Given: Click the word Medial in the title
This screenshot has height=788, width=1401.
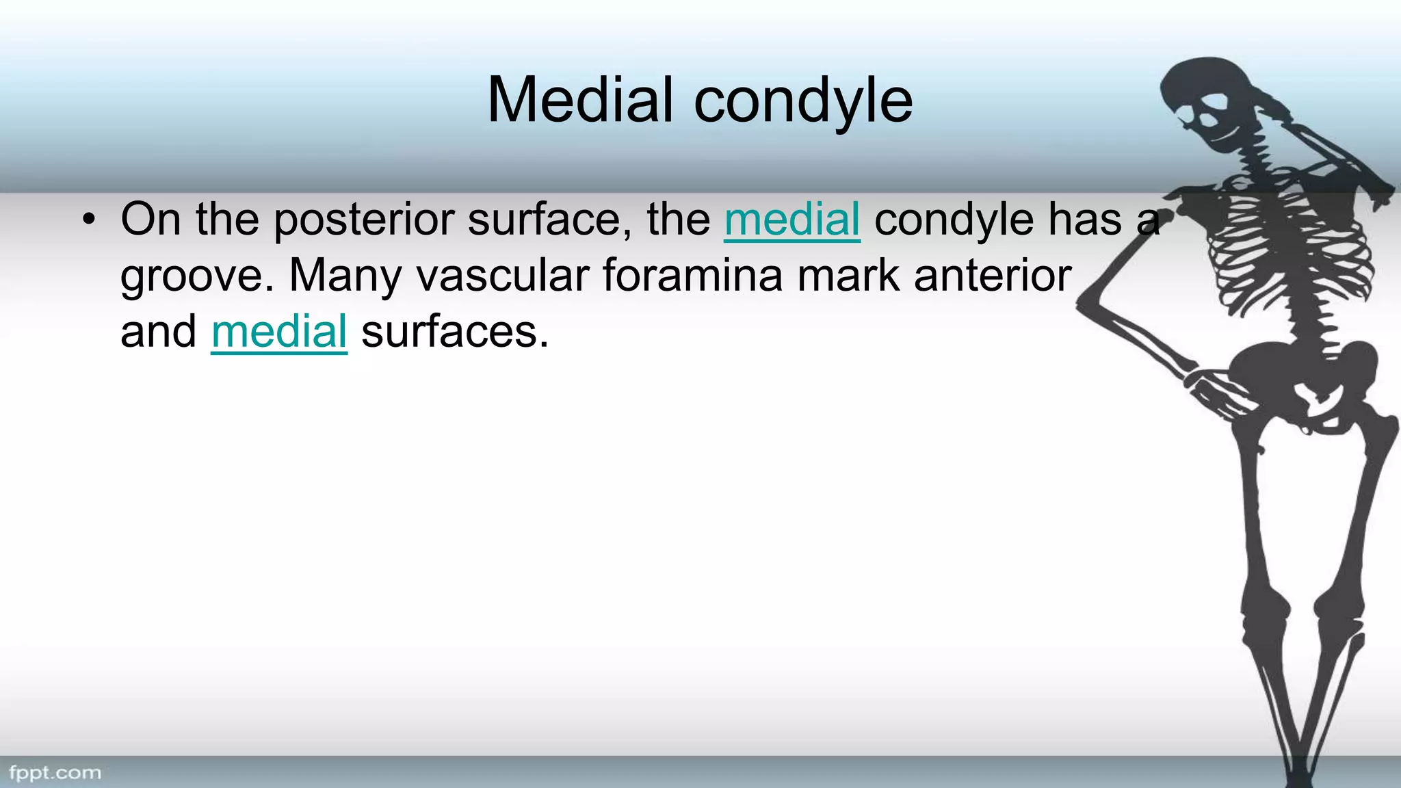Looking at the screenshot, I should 580,100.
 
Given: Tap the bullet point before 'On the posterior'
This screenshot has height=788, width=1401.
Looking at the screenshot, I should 88,220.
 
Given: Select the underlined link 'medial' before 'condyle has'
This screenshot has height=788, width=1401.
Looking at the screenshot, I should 791,220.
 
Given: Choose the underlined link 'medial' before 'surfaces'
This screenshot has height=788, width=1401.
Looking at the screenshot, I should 279,332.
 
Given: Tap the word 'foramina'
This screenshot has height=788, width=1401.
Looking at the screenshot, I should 692,276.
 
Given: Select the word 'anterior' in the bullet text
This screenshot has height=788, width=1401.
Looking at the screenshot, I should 992,276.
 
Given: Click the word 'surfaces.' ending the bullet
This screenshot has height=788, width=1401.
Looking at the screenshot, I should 455,332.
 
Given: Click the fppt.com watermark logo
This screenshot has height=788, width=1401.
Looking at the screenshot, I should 55,773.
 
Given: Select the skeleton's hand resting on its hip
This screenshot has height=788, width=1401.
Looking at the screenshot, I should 1218,390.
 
